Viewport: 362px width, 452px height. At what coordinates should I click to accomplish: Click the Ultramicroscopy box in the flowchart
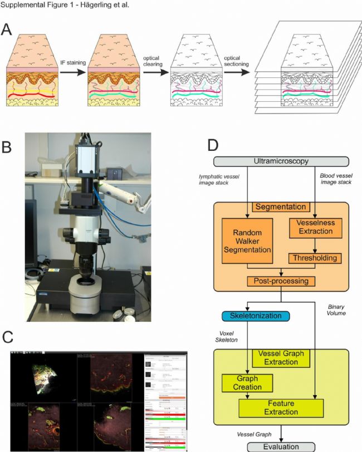[281, 161]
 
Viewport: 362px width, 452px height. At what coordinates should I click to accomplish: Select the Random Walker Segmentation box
[246, 241]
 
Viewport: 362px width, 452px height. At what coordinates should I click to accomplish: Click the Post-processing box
[282, 281]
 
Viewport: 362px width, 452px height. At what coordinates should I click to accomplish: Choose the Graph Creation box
[247, 383]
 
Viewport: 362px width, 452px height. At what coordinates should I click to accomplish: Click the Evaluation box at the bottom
[281, 446]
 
